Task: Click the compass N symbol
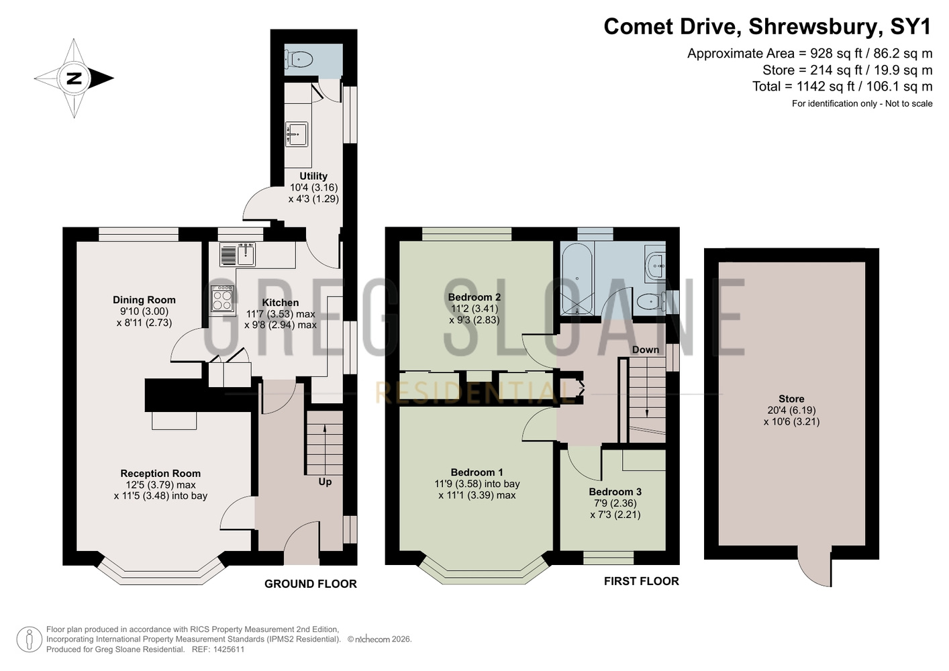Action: (x=74, y=79)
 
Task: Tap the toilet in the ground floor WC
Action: (x=299, y=59)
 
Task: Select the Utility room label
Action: (x=313, y=176)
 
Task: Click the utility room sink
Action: (x=297, y=134)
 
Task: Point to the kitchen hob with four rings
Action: (x=222, y=299)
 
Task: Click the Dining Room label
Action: (x=144, y=300)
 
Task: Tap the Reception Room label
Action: (x=160, y=473)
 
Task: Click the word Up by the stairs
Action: (x=325, y=482)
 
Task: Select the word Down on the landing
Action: (x=646, y=350)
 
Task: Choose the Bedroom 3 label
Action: (x=615, y=492)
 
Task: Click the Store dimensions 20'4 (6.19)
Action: (x=791, y=410)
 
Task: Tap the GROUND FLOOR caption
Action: (x=311, y=584)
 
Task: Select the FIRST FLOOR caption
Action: (x=642, y=581)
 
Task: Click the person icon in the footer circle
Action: (x=30, y=640)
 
